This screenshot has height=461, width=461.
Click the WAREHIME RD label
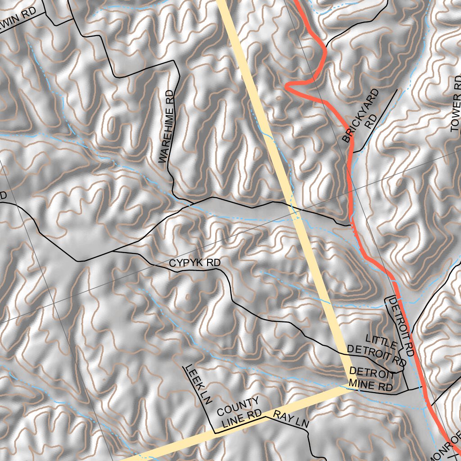tap(166, 127)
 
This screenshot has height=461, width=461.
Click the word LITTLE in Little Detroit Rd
tap(381, 341)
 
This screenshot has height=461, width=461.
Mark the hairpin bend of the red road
tap(288, 86)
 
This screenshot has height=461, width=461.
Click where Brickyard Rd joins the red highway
tap(353, 152)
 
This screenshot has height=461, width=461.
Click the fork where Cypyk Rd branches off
tap(113, 251)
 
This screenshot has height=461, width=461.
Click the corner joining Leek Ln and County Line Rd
tap(215, 433)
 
